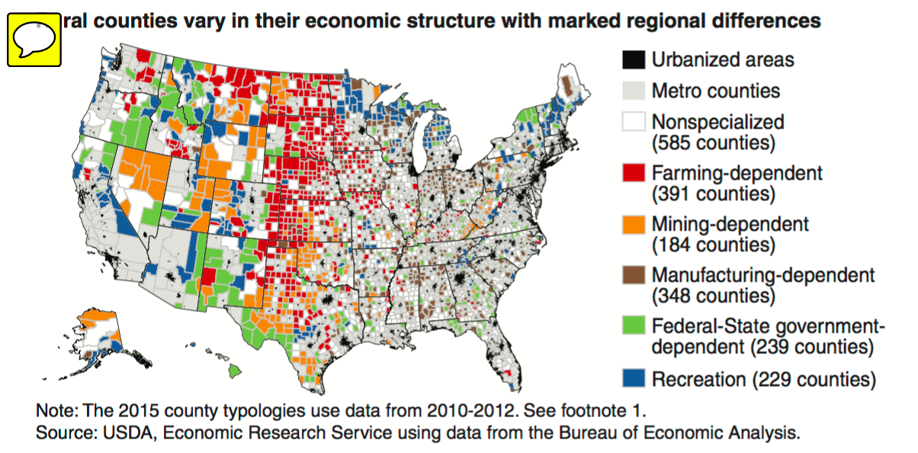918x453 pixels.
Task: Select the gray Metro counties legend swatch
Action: pos(633,91)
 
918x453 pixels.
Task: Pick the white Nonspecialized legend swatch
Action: pos(633,123)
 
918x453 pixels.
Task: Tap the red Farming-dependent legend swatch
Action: pos(633,174)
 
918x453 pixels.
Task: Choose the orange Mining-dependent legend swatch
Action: pos(633,225)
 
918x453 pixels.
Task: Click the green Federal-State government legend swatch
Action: pos(633,327)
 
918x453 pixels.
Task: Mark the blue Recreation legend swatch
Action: pos(633,378)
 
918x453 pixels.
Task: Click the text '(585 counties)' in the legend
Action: pos(713,143)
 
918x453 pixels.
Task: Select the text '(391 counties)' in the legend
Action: pos(713,194)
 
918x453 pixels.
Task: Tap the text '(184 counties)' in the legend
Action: pos(713,245)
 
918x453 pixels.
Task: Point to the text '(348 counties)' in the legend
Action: pos(713,296)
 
